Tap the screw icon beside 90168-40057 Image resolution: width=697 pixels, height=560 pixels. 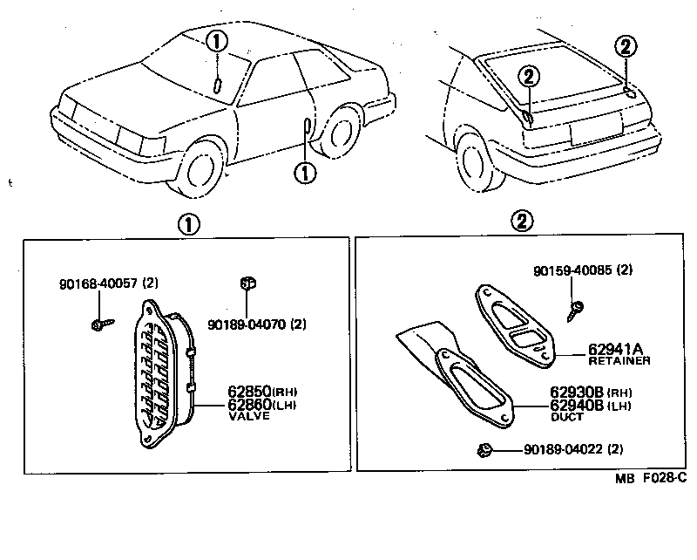pos(98,324)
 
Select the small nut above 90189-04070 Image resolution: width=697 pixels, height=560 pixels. pos(247,283)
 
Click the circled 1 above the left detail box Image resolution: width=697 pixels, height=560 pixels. pos(188,223)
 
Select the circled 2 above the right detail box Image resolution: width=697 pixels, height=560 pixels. pos(521,223)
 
